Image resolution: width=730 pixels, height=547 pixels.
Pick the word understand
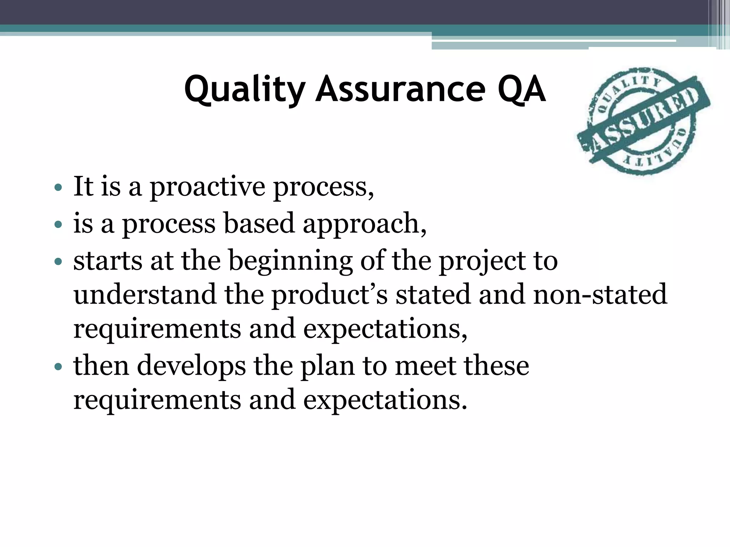click(x=145, y=295)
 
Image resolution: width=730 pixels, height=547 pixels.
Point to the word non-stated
click(x=600, y=295)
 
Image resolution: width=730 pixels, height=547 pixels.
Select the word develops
click(x=191, y=367)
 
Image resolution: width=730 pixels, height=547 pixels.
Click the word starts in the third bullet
click(x=108, y=261)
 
